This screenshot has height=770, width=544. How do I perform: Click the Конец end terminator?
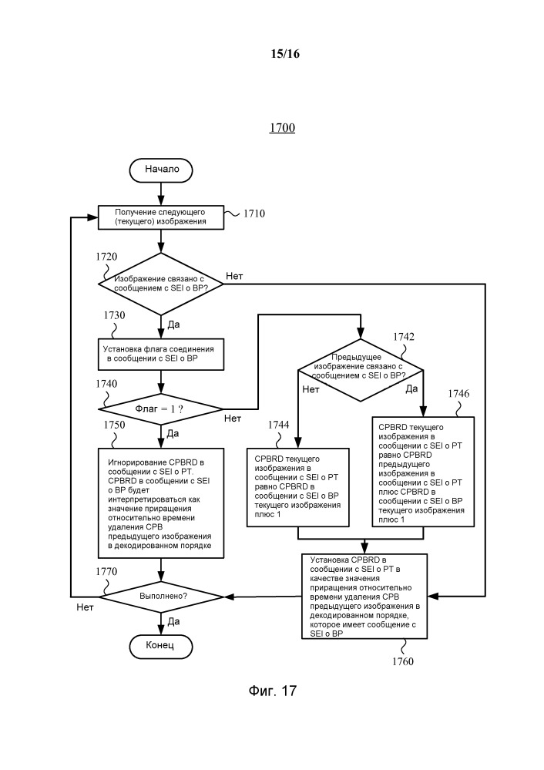(161, 644)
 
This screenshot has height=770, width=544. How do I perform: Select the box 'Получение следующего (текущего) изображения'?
(161, 217)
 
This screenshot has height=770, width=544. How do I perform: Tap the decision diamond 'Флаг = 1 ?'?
(161, 408)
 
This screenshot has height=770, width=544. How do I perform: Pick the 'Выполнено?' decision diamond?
(161, 596)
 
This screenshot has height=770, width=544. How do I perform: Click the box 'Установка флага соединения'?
(161, 354)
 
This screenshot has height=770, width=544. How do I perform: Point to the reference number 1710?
(254, 214)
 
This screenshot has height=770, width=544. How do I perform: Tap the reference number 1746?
(459, 393)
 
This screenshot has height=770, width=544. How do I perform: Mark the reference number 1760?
(402, 661)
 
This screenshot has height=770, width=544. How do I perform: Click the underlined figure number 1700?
(282, 128)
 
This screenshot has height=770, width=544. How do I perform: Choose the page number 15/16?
(282, 54)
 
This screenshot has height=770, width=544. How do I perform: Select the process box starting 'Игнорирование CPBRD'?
(161, 502)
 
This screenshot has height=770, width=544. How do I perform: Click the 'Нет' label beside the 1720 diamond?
(236, 275)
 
